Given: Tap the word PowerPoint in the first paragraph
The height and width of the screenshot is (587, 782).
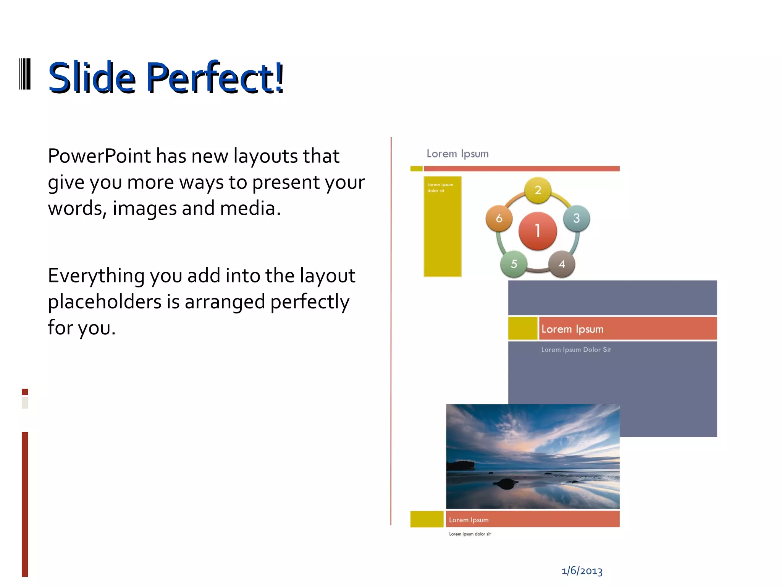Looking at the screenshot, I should tap(99, 156).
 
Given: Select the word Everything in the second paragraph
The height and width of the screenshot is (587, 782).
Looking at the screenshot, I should tap(96, 276).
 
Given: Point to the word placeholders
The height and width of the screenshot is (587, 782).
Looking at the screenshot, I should tap(104, 302).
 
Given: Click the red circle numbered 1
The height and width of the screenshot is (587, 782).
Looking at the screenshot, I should tap(538, 231).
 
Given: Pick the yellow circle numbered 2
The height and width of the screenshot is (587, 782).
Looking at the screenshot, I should tap(538, 190).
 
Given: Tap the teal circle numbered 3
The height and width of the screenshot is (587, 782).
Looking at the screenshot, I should tap(577, 219).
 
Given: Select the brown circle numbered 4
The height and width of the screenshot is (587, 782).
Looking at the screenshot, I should tap(562, 264).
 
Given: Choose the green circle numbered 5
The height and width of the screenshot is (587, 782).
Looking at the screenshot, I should tap(514, 264).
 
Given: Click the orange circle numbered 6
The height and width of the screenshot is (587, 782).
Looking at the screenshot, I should tap(499, 219).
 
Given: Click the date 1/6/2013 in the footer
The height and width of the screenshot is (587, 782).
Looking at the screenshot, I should tap(582, 571).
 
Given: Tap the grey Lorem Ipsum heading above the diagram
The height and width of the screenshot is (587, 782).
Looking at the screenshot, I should tap(457, 154).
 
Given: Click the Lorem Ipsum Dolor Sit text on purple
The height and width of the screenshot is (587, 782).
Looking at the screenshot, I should tap(576, 350).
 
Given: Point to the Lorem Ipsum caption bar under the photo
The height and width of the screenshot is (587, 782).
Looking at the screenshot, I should tap(532, 519).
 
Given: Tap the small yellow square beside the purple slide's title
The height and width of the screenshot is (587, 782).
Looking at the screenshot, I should tap(523, 328).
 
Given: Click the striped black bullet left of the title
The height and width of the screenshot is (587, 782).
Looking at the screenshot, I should tap(25, 74).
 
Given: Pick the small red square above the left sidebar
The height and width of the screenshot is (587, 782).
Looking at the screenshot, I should tap(25, 392).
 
